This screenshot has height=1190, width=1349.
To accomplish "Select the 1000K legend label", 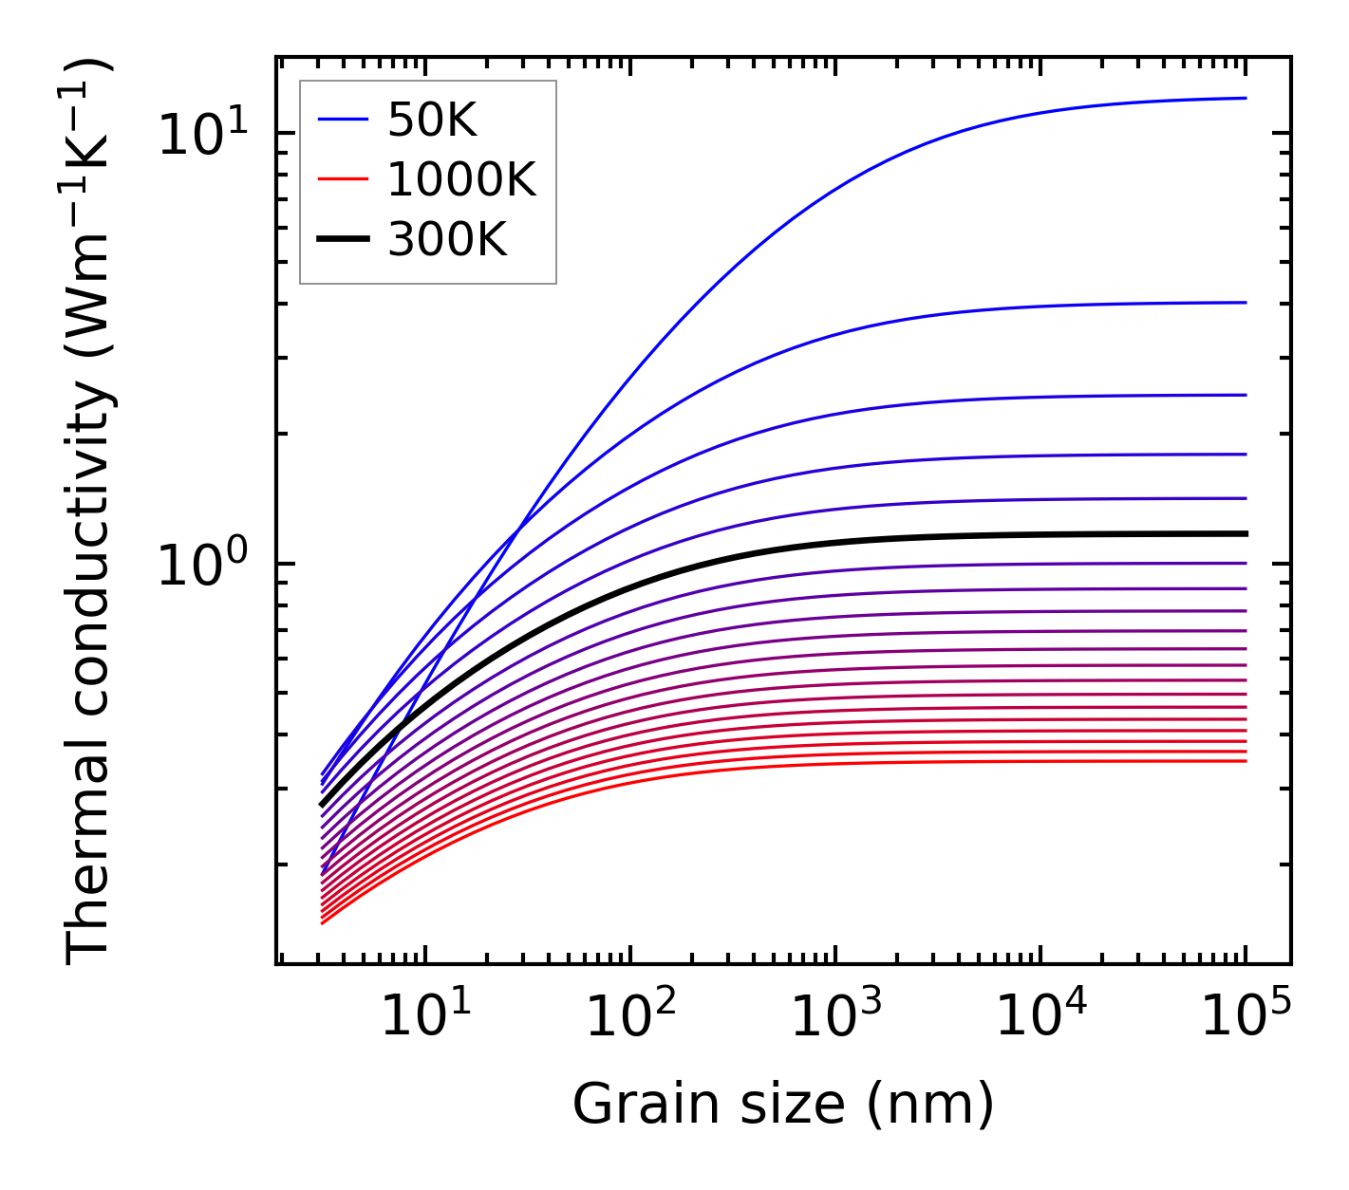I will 461,179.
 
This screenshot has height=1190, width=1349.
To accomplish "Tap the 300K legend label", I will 447,240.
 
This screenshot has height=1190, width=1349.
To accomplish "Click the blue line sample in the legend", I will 343,120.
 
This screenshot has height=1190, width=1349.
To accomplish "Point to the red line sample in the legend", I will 343,179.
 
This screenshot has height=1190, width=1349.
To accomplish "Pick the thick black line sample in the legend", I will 343,240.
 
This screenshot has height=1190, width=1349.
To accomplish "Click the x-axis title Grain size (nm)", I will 783,1105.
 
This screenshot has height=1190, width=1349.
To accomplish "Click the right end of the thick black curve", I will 1245,533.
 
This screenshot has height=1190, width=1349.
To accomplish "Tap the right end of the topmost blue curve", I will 1245,98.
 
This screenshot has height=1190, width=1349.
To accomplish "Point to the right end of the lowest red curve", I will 1245,761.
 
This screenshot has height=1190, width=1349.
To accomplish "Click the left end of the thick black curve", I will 323,805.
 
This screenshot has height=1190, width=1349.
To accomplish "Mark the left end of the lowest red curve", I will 323,922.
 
